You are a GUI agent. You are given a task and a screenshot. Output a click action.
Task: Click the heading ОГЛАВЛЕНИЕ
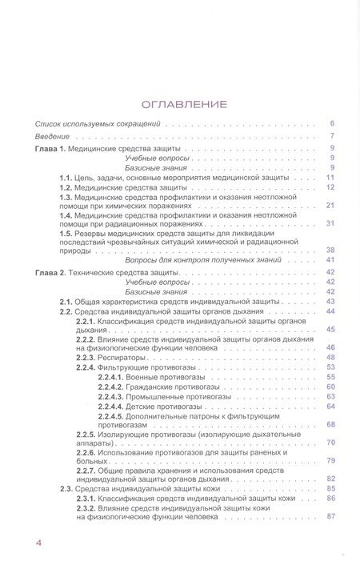184,103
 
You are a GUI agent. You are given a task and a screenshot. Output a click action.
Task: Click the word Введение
51,136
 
